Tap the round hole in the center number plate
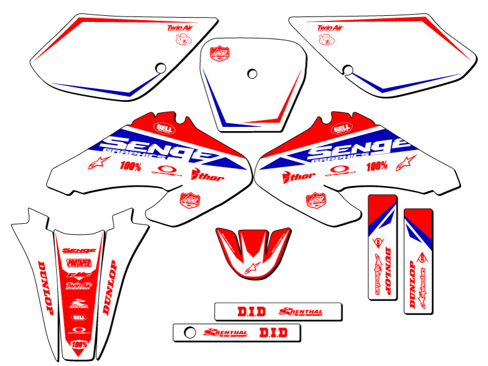pos(252,73)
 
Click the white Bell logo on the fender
pos(79,317)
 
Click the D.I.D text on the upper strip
pos(251,312)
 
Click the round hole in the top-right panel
pos(348,68)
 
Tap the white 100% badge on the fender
pos(79,345)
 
